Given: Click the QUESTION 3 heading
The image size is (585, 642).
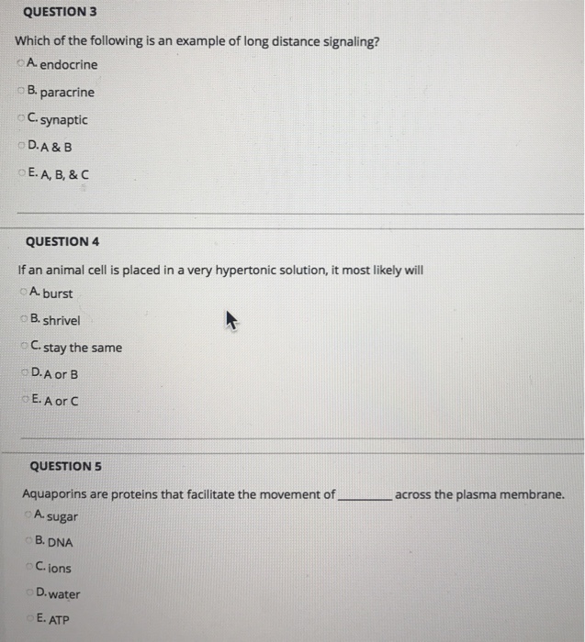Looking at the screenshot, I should click(61, 13).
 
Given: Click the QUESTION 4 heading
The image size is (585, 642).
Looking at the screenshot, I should click(62, 241).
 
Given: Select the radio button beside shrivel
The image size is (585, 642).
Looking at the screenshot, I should click(22, 320).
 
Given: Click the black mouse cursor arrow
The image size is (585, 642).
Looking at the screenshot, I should click(231, 319).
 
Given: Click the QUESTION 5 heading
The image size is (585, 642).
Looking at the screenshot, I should click(66, 466).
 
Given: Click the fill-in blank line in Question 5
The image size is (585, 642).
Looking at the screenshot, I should click(365, 497).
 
